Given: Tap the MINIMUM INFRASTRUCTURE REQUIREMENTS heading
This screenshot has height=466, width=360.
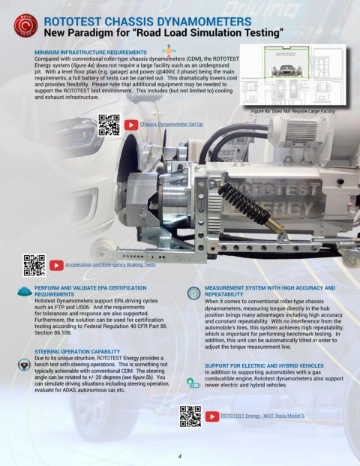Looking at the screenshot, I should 91,52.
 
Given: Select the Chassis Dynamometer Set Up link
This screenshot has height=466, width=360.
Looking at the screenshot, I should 171,123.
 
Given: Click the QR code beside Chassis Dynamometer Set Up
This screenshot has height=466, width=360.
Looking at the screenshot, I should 109,125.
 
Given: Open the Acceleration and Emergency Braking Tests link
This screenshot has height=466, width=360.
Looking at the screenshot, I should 110,265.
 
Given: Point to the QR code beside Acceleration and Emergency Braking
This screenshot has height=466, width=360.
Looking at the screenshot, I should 34,265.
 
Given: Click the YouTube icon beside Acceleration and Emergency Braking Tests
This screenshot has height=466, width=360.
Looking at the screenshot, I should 56,265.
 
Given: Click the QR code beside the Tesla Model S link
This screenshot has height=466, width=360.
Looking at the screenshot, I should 190,416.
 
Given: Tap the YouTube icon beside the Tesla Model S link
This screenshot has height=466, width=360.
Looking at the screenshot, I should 212,416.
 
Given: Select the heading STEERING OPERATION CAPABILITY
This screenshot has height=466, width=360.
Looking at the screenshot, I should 78,351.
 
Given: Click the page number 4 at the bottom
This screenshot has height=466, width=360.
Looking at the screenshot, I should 180,455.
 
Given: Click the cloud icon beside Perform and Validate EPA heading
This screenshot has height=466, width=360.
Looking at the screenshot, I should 24,291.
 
